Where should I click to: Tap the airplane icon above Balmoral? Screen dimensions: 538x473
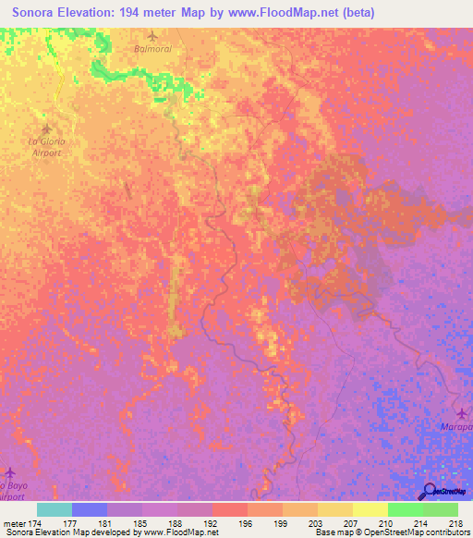(x=152, y=36)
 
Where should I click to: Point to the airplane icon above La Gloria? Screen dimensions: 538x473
(x=45, y=128)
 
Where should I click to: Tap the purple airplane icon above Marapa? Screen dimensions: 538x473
(x=462, y=412)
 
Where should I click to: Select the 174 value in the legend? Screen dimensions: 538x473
(x=35, y=523)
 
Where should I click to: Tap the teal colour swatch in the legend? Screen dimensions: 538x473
(x=55, y=509)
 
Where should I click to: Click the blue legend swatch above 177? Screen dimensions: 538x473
(x=90, y=509)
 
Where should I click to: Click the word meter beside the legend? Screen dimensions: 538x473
(x=13, y=523)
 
